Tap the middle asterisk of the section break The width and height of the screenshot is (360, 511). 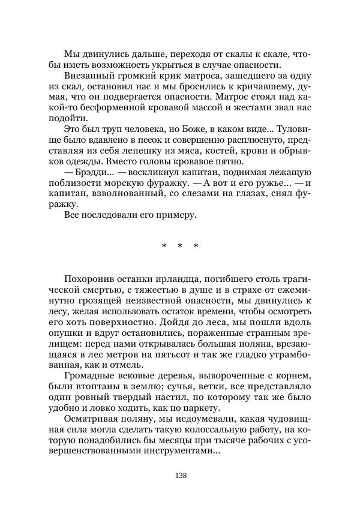(179, 246)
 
